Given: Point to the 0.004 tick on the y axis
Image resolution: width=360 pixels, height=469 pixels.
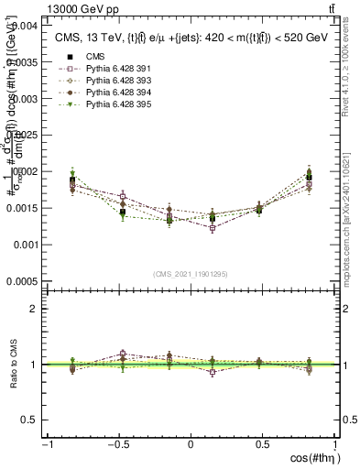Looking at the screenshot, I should [x=27, y=26].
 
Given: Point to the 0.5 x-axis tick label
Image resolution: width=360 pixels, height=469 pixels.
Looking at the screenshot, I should [x=263, y=445].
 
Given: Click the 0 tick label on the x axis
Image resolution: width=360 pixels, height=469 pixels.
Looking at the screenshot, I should [x=191, y=445].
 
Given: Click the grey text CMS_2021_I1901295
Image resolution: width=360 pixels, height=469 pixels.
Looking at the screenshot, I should [x=191, y=274].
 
